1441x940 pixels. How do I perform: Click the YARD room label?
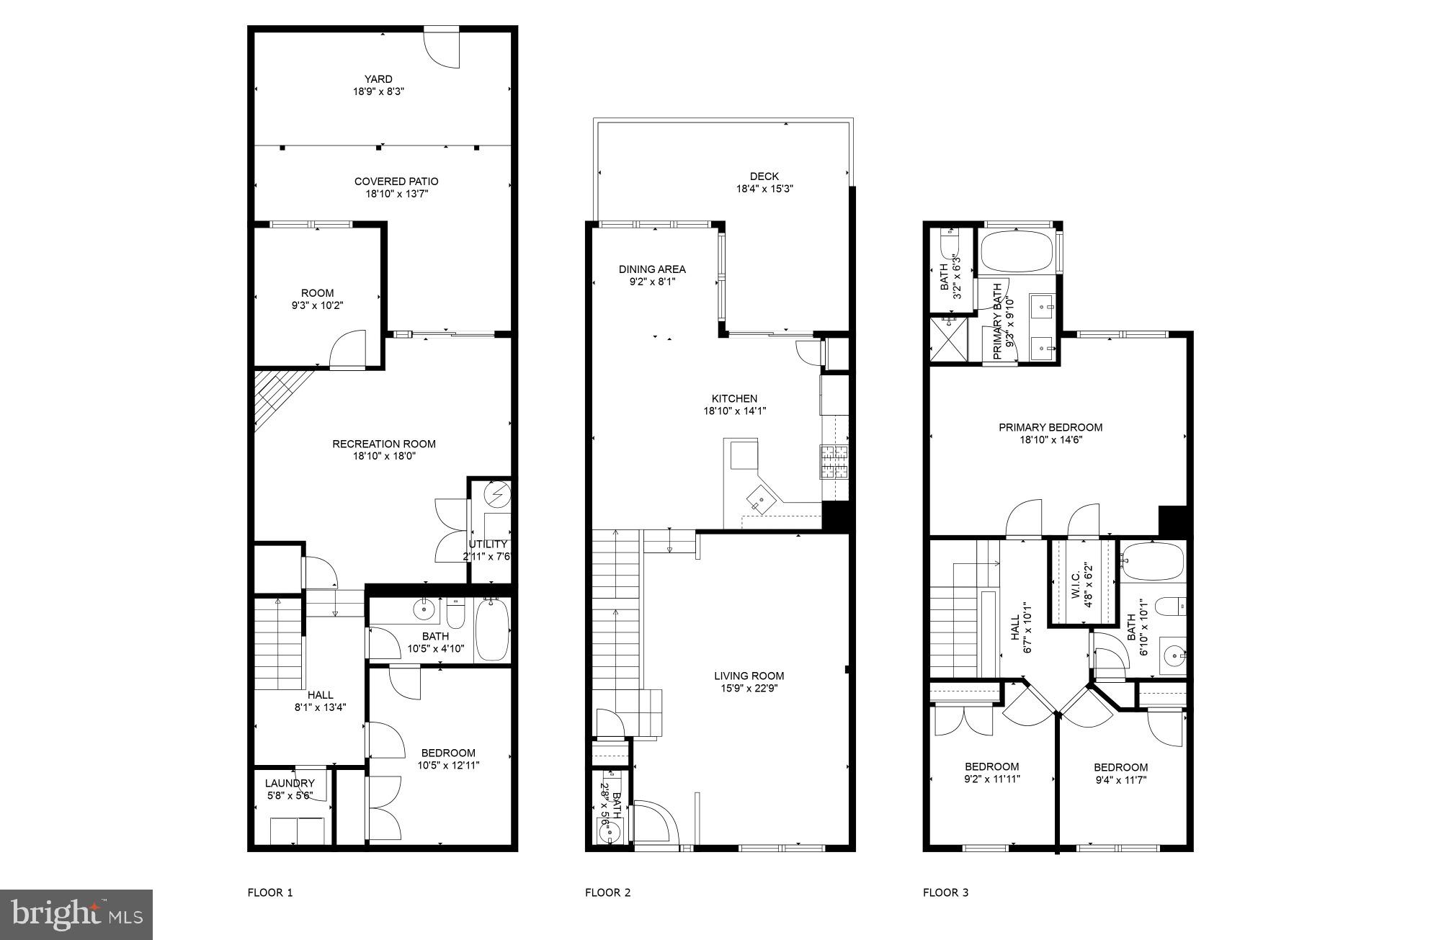(378, 79)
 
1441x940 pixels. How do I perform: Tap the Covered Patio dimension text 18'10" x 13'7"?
(396, 194)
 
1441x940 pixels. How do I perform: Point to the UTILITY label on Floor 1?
(488, 544)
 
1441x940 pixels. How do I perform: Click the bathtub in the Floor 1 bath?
(493, 630)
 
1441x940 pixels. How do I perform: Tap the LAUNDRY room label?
(290, 783)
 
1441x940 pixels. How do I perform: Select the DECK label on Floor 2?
(764, 176)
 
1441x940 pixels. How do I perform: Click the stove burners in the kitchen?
(834, 462)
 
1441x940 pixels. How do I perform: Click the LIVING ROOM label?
(749, 676)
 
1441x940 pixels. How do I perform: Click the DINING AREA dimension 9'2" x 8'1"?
(652, 282)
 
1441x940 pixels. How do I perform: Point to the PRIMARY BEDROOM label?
(1050, 427)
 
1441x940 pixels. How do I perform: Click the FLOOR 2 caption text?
(607, 892)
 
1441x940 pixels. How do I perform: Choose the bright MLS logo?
(76, 915)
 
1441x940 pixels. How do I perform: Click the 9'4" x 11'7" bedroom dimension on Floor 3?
(1120, 779)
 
